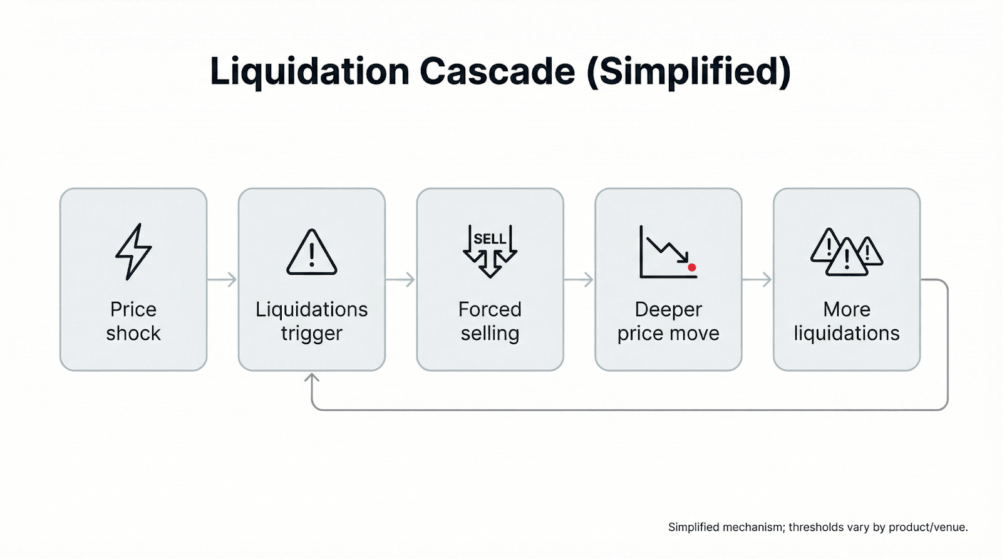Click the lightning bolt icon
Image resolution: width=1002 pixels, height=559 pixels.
tap(133, 251)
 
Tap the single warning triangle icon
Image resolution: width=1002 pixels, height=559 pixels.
tap(311, 253)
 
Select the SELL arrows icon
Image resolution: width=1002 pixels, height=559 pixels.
tap(490, 251)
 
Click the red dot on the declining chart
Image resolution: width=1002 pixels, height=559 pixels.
tap(692, 267)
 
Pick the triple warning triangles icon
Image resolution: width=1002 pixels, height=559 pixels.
tap(847, 252)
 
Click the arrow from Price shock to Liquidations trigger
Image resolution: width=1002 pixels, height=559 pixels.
tap(222, 279)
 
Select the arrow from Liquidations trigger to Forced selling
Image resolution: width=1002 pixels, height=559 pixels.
tap(401, 279)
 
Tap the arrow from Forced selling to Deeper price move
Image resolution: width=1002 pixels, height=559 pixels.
tap(579, 279)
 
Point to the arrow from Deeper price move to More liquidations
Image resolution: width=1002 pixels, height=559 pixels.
tap(758, 279)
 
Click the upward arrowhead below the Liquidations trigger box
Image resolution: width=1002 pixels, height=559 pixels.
tap(312, 378)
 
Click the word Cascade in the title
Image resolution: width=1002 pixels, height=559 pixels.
tap(497, 71)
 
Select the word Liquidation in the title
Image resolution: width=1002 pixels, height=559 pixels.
tap(309, 71)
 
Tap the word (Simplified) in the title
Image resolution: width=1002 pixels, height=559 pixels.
tap(689, 71)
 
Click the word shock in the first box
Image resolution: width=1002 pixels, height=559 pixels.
tap(133, 333)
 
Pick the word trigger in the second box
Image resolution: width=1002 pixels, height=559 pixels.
tap(311, 334)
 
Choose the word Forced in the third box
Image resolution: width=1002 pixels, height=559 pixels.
tap(490, 309)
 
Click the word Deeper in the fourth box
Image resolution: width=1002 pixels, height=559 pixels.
tap(668, 310)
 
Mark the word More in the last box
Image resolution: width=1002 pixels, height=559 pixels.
tap(847, 309)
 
